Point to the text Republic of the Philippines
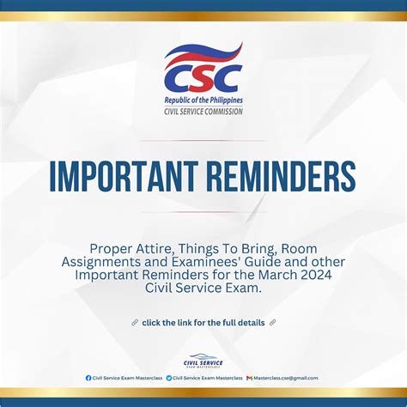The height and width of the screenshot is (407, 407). [x=203, y=100]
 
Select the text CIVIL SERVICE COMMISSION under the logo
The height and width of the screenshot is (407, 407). [x=203, y=112]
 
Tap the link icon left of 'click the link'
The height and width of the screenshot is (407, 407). [x=135, y=323]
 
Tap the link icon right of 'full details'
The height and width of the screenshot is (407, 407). [x=273, y=323]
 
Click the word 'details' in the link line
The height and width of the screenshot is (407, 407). [x=249, y=323]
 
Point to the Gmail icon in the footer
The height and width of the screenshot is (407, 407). [x=249, y=378]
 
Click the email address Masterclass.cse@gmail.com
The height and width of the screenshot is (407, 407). [x=287, y=378]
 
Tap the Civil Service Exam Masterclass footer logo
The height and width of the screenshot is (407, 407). [x=203, y=360]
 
